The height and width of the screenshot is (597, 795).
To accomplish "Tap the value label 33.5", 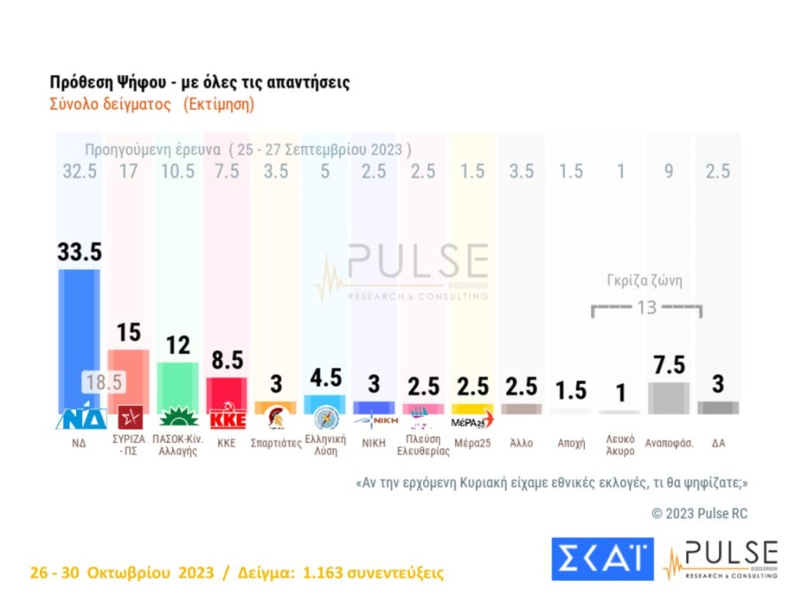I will click(79, 251).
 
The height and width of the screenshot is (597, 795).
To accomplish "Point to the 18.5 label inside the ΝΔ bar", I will click(103, 382).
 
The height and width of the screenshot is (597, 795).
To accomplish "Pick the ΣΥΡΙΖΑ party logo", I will click(129, 417).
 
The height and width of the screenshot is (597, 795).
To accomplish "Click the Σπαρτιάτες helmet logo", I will click(276, 417).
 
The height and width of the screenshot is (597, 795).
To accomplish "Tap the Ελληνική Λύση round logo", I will click(325, 417).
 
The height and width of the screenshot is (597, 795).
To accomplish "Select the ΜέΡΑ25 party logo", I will click(473, 420).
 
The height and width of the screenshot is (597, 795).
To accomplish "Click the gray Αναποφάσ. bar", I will click(668, 397).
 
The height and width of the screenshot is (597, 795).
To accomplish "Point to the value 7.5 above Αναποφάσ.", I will click(668, 364).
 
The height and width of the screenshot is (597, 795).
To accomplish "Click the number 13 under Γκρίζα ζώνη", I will click(647, 308).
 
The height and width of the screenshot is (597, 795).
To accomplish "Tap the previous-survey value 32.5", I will click(79, 172).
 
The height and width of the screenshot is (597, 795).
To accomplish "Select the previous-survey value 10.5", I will click(178, 172).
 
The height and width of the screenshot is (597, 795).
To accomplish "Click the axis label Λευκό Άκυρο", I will click(620, 445).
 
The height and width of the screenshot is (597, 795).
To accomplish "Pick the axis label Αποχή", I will click(572, 443).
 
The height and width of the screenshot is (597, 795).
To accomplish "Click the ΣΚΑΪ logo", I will click(602, 559).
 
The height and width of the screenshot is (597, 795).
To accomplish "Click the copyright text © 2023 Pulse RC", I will click(700, 513).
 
